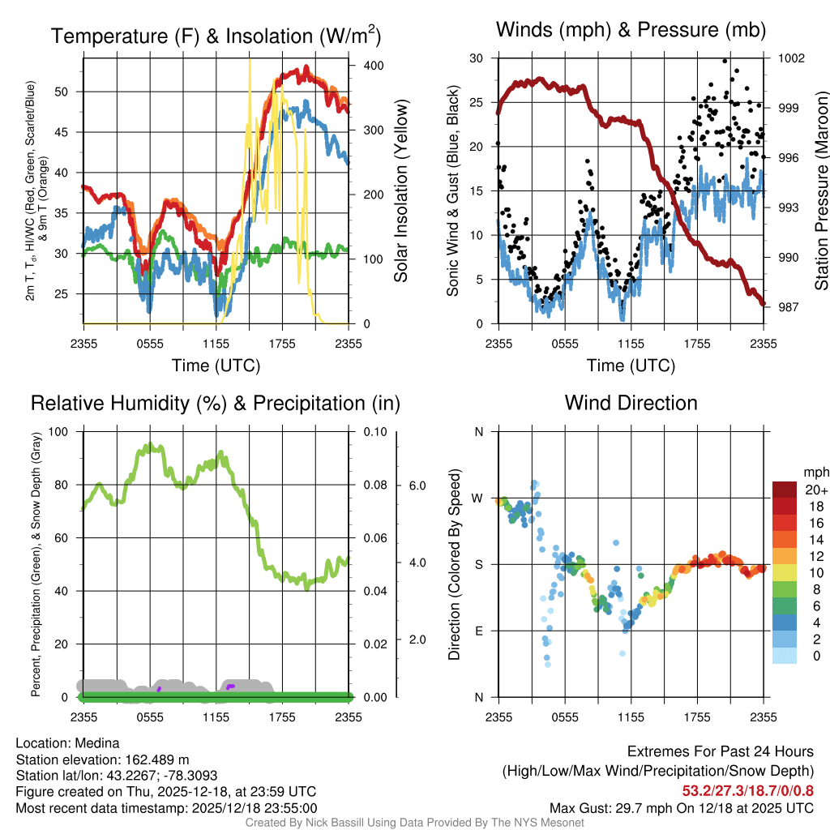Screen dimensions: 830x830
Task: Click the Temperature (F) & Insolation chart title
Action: tap(216, 36)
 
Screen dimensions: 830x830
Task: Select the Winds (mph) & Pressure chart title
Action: tap(631, 31)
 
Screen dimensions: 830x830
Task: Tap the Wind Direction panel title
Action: tap(631, 403)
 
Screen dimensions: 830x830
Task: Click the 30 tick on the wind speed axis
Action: tap(477, 58)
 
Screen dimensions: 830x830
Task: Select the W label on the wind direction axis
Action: tap(478, 498)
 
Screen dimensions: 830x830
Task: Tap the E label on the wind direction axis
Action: tap(478, 631)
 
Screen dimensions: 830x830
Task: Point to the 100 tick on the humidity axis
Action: tap(58, 431)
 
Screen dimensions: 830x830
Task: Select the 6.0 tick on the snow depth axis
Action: tap(416, 486)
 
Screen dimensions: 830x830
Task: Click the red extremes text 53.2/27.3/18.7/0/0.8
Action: tap(747, 791)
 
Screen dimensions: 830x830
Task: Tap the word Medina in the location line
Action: tap(96, 743)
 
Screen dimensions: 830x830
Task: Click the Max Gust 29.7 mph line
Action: tap(682, 808)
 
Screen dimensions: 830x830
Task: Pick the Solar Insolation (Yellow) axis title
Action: tap(401, 191)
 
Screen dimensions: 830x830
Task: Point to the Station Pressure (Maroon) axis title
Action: tap(820, 191)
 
